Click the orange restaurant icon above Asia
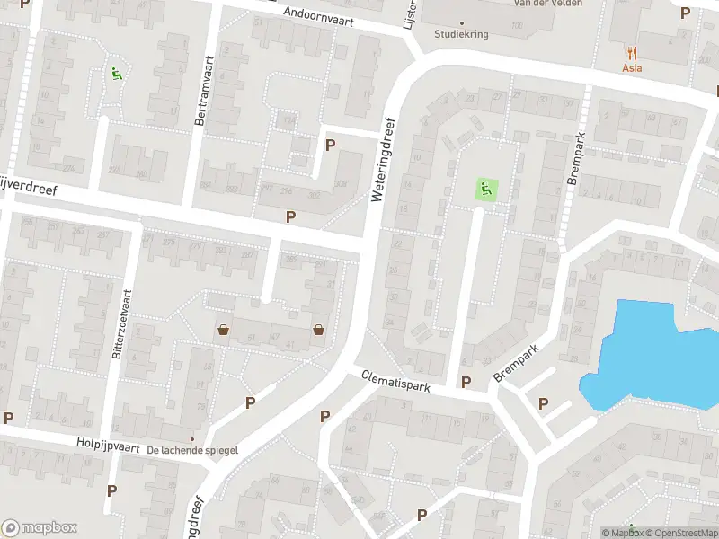(633, 52)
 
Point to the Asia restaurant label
(633, 67)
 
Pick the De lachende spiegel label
(192, 449)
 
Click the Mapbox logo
(39, 527)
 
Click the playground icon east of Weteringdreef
(485, 190)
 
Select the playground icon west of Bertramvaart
(116, 74)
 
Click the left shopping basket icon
(223, 330)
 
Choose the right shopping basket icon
(318, 330)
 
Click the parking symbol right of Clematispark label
(466, 383)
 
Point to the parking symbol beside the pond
(543, 404)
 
